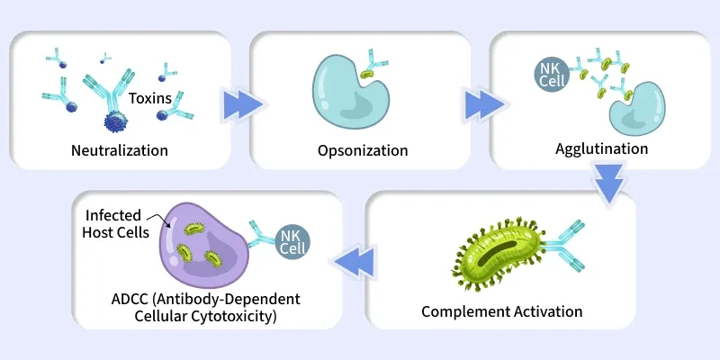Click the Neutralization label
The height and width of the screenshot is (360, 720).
click(120, 150)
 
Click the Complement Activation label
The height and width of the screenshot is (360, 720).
click(502, 311)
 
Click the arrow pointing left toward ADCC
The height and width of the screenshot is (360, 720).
click(354, 262)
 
